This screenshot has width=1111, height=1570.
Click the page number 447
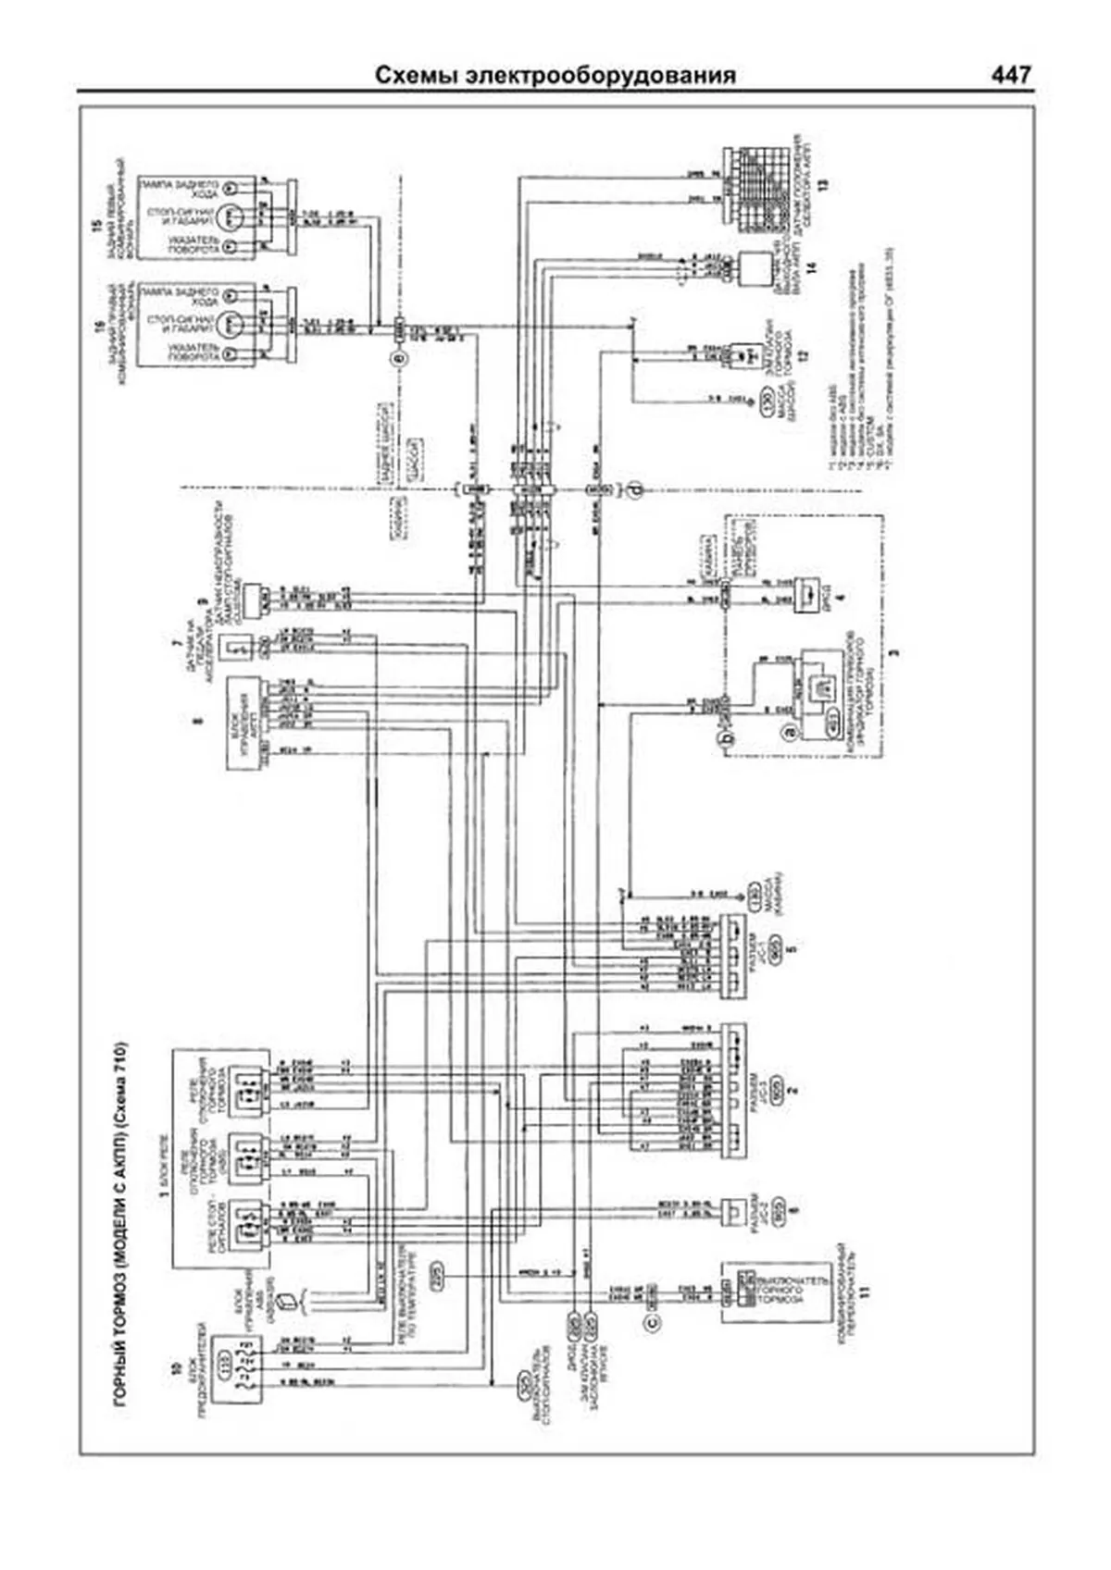coord(1010,76)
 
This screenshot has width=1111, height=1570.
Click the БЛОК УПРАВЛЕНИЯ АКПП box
coord(240,712)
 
